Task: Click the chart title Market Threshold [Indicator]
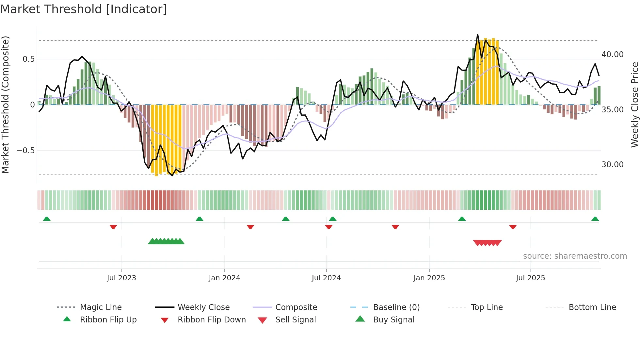(84, 9)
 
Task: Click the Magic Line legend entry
(101, 307)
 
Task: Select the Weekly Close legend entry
(203, 307)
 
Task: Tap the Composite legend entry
(296, 307)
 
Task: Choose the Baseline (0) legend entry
(396, 307)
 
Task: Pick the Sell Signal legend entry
(296, 320)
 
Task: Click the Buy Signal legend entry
(393, 320)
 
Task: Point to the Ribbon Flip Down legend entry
(212, 320)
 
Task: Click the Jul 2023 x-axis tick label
(121, 278)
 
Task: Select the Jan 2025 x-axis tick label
(429, 278)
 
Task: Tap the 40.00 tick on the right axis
(612, 55)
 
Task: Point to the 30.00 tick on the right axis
(612, 165)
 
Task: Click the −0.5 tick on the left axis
(25, 151)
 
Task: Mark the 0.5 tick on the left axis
(28, 59)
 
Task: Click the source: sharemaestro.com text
(575, 256)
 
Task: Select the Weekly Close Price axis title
(634, 105)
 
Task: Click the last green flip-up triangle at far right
(595, 219)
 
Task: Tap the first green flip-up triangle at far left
(47, 219)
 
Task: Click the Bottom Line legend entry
(592, 307)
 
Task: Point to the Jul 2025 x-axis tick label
(530, 278)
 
